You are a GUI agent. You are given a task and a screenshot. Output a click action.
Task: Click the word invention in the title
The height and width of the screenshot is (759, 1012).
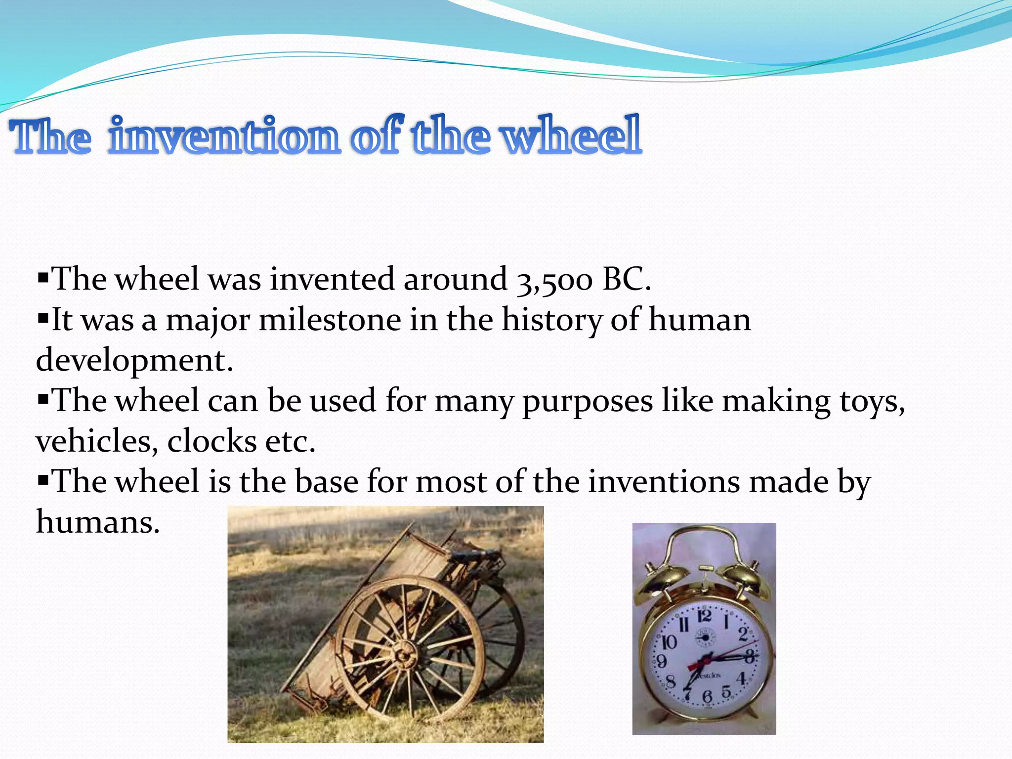(225, 135)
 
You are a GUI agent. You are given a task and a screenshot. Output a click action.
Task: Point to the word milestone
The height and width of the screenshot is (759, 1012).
(330, 320)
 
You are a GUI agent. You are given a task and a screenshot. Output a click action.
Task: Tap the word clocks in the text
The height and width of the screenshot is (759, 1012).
(211, 441)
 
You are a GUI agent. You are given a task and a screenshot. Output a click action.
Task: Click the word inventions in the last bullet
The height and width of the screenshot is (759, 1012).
(664, 482)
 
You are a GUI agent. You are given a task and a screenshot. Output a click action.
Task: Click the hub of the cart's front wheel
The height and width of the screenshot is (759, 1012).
(405, 656)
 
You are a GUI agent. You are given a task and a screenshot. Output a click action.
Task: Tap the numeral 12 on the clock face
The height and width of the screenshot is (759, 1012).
(704, 616)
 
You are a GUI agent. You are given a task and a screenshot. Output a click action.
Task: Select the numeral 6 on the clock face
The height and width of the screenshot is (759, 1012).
(707, 697)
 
